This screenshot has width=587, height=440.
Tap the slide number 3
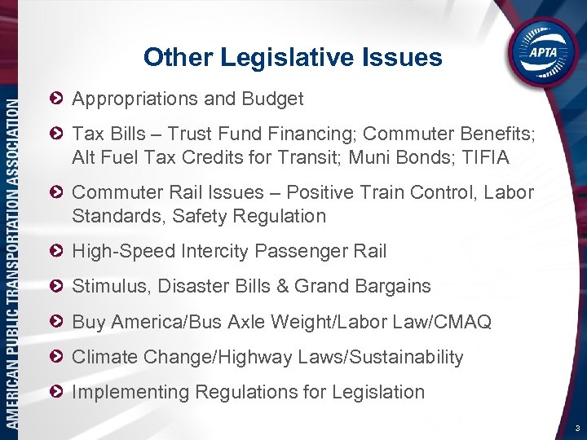576,428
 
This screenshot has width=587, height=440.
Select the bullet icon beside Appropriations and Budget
57,99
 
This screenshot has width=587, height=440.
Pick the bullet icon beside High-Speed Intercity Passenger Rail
57,251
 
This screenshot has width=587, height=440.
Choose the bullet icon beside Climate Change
57,357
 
